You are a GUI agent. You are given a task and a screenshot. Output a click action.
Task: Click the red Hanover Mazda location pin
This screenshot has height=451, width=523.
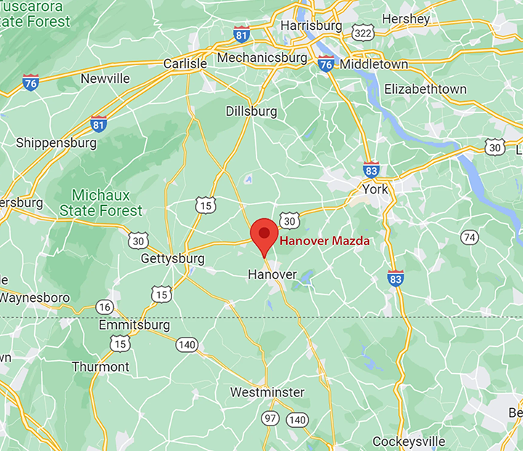[x=264, y=235]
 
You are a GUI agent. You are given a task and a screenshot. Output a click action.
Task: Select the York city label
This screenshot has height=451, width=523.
[x=376, y=190]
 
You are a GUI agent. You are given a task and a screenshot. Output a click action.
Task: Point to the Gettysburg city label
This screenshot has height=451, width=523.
[x=172, y=259]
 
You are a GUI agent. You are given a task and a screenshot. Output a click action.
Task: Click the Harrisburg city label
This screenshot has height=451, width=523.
[x=311, y=25]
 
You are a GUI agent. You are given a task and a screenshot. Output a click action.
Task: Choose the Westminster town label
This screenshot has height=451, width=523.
[x=267, y=393]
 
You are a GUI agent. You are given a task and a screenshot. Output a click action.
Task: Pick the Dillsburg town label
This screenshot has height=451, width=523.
[x=251, y=111]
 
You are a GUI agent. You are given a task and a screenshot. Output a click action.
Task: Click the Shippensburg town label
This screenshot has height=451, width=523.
[x=56, y=143]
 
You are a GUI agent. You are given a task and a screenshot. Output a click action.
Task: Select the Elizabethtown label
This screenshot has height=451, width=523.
[x=425, y=89]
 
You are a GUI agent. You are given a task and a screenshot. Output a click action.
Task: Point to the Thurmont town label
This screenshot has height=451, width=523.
[x=100, y=367]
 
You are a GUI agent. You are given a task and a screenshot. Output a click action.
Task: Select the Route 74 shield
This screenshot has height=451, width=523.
[x=470, y=237]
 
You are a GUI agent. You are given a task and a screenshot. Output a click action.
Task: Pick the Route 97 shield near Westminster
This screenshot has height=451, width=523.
[x=271, y=418]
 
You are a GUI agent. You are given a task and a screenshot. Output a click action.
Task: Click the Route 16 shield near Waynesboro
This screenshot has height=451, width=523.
[x=105, y=307]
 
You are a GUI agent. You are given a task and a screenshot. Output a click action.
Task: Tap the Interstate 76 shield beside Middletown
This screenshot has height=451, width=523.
[x=326, y=64]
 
